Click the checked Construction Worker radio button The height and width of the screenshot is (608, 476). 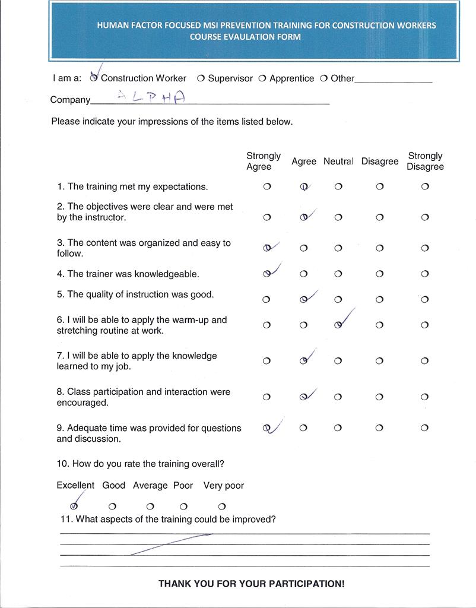click(94, 78)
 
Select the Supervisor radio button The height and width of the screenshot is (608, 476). click(201, 78)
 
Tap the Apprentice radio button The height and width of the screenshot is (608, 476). click(262, 78)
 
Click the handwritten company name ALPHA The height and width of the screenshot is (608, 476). click(151, 97)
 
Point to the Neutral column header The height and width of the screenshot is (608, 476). click(338, 161)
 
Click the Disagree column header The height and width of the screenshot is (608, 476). click(380, 161)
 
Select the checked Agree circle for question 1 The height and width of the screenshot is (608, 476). click(303, 186)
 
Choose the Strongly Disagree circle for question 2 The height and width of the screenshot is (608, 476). click(425, 217)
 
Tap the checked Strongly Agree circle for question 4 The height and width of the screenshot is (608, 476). click(267, 274)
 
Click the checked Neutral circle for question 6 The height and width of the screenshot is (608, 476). click(338, 325)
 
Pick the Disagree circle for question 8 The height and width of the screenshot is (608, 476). click(380, 397)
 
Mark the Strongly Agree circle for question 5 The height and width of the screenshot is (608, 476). click(266, 300)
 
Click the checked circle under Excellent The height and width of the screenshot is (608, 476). click(74, 506)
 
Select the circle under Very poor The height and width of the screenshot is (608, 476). click(222, 506)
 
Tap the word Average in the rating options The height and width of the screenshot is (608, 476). click(150, 485)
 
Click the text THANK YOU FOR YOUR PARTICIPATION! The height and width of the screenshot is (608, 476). click(251, 584)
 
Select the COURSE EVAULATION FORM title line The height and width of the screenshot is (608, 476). click(245, 37)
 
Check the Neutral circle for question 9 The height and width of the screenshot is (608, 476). click(338, 428)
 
